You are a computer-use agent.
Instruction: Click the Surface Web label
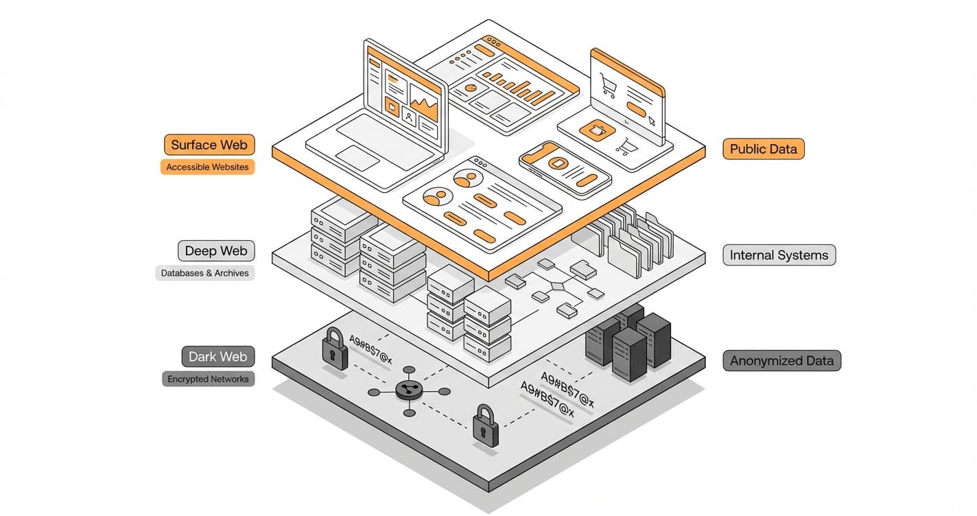tap(209, 145)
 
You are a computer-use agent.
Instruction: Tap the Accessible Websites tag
tap(207, 167)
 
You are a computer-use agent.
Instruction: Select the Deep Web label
tap(215, 251)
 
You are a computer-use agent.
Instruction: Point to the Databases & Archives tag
tap(205, 273)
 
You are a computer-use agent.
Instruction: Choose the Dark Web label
tap(217, 357)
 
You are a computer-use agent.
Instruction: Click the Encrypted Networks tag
tap(208, 379)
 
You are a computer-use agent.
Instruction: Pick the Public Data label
tap(763, 149)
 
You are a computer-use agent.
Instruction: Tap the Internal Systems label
tap(779, 255)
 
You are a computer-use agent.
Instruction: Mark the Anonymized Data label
tap(781, 361)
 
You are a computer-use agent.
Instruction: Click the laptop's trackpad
tap(357, 157)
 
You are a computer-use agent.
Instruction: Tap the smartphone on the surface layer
tap(565, 169)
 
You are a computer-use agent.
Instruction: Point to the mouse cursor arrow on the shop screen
tap(651, 121)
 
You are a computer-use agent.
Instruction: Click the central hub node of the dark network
tap(409, 390)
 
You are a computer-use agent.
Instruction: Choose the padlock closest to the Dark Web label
tap(334, 349)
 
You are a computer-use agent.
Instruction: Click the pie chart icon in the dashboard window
tap(471, 89)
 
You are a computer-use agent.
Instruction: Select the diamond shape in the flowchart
tap(556, 284)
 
